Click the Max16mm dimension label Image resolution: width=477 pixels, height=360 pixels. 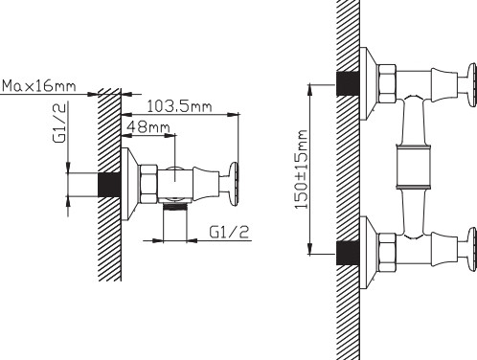tap(39, 86)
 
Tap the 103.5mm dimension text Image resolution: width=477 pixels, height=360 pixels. tap(179, 106)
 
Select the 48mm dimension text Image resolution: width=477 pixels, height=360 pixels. tap(148, 127)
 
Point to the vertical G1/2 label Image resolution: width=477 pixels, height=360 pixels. tap(60, 123)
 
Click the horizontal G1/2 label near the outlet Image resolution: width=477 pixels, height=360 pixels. tap(229, 232)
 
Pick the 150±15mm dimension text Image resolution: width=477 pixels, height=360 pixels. tap(301, 169)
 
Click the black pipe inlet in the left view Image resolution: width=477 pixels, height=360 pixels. tap(109, 185)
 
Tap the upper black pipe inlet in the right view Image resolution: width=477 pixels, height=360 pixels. tap(349, 83)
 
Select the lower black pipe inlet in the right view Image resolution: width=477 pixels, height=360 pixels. tap(349, 253)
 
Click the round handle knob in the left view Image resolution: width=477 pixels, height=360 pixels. tap(234, 184)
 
